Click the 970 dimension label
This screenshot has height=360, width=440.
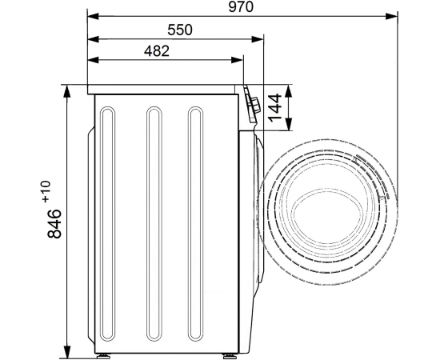coord(241,6)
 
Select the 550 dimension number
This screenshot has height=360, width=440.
coord(180,30)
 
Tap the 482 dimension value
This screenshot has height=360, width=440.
coord(157,51)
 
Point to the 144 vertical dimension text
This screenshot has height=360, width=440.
coord(275,108)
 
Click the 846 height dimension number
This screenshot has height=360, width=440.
coord(54,224)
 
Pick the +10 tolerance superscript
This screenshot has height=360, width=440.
coord(46,191)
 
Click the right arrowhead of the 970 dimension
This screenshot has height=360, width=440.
coord(391,16)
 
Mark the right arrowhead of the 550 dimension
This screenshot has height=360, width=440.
coord(258,39)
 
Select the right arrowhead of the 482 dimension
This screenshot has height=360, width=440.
coord(237,60)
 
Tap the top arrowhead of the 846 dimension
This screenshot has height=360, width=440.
coord(66,91)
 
